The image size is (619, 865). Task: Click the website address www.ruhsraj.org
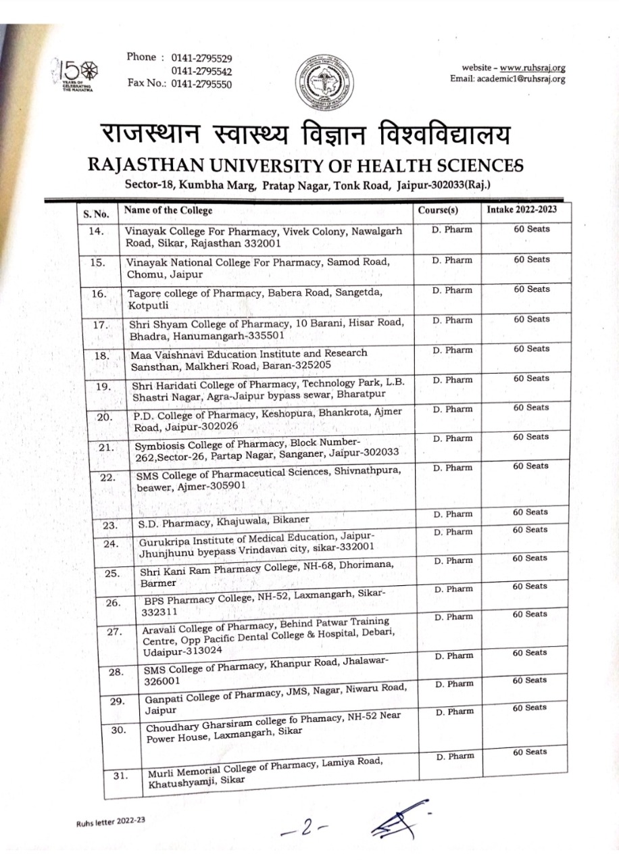(x=533, y=68)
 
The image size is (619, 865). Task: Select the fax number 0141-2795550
(x=201, y=84)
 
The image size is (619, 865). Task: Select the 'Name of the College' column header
(x=168, y=210)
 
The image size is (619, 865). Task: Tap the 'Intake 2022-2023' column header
(x=522, y=209)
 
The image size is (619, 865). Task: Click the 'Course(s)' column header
(x=438, y=210)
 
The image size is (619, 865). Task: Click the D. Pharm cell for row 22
(x=452, y=468)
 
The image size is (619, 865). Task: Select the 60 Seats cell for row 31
(x=530, y=752)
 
